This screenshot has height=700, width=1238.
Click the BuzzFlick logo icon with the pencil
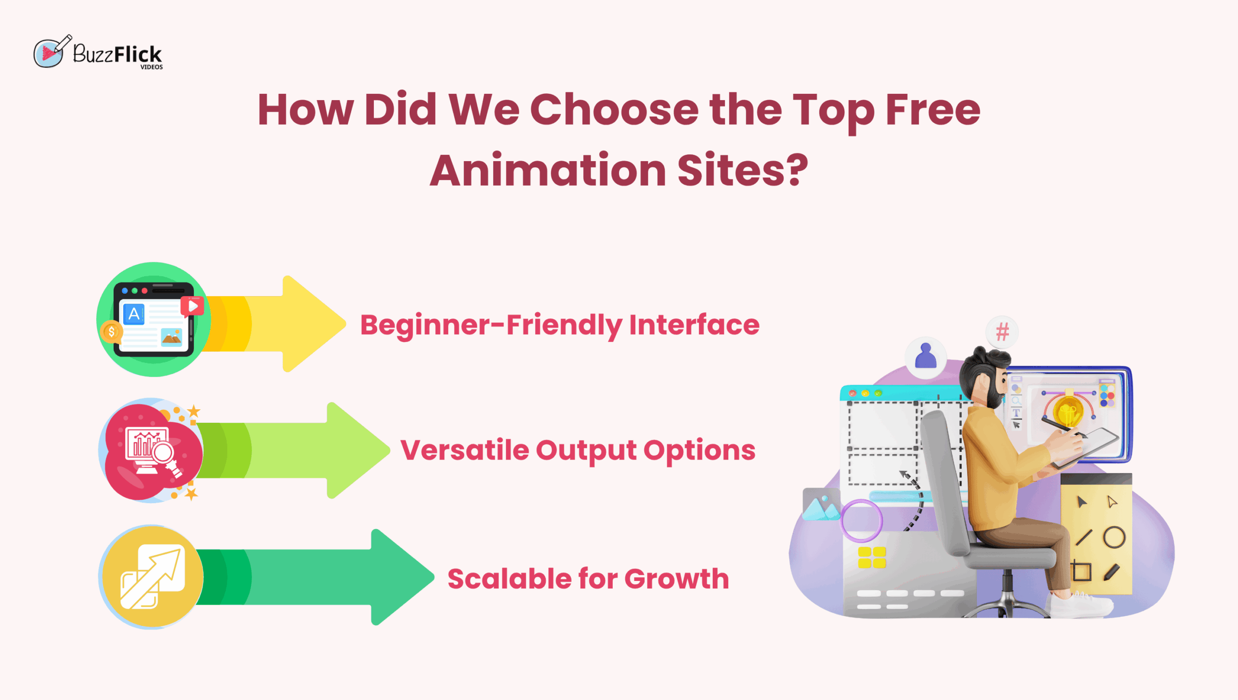point(50,52)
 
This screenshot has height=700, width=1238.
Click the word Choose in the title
point(614,110)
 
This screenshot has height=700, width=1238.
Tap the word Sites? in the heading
point(742,170)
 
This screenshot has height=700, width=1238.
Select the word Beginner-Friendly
point(491,325)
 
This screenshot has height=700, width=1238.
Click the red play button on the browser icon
point(192,306)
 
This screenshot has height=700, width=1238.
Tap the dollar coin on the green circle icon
point(112,332)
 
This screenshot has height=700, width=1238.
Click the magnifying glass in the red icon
point(163,453)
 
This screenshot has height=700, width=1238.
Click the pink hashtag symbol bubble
point(1002,332)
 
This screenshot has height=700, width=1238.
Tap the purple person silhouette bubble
point(926,357)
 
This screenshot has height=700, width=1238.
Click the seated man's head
point(984,375)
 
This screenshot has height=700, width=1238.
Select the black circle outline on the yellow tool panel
point(1114,537)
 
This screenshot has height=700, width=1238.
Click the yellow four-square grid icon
point(871,557)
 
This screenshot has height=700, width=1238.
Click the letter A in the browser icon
point(134,314)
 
